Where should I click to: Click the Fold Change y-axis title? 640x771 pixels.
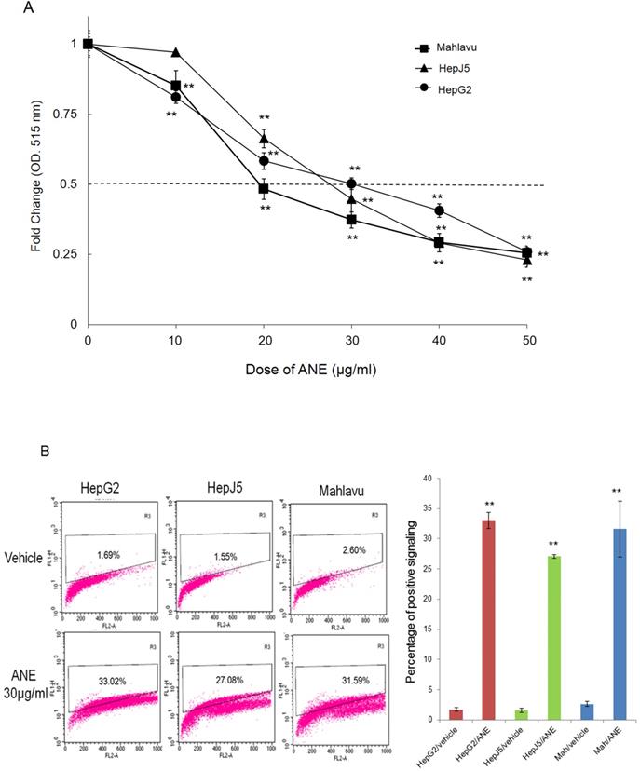[35, 183]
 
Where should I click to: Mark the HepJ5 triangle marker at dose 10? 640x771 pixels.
[175, 52]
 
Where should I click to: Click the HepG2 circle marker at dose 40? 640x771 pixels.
[439, 211]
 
